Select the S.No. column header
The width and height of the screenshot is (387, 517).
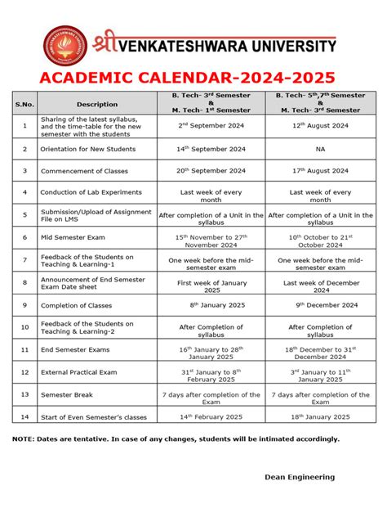tap(24, 104)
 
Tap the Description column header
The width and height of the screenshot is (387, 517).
tap(97, 104)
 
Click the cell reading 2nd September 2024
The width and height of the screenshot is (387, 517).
tap(211, 126)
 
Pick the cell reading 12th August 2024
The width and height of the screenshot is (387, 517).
tap(320, 126)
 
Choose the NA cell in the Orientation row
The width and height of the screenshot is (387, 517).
tap(320, 150)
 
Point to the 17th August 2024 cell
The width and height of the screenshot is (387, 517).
tap(320, 171)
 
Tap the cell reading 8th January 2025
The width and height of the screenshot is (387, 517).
tap(211, 305)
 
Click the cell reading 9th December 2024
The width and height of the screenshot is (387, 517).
tap(320, 305)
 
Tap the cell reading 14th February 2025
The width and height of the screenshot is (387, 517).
tap(211, 416)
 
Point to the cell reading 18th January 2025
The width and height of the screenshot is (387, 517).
tap(320, 416)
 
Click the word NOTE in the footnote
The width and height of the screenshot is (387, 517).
tap(23, 439)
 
